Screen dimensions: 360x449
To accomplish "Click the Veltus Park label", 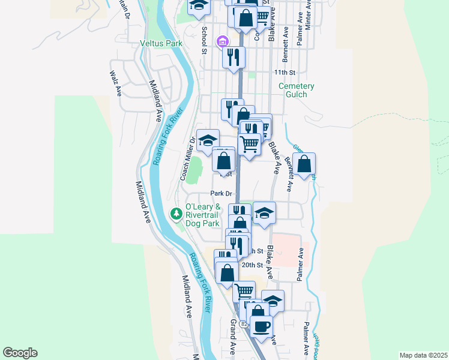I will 160,43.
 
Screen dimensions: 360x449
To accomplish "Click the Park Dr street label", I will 221,193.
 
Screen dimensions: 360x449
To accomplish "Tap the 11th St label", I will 285,73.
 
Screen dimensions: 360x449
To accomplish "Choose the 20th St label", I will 252,265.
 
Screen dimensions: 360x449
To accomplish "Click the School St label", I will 204,40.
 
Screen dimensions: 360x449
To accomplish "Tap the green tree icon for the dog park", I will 176,213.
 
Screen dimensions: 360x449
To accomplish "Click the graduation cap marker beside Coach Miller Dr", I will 208,140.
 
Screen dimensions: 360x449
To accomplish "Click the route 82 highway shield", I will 244,323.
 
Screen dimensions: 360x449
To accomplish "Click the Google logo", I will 20,353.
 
